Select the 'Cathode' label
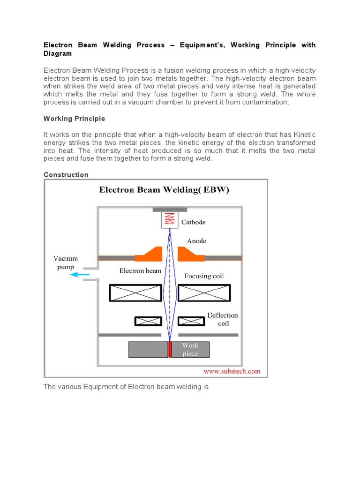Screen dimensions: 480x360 [194, 222]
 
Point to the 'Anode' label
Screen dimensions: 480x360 [196, 241]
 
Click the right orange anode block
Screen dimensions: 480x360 [191, 255]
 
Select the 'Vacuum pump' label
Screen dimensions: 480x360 [66, 263]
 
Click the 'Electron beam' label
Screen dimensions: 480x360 [140, 271]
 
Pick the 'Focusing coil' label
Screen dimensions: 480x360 [204, 276]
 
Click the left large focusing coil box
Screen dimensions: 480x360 [135, 293]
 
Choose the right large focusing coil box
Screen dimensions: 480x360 [204, 293]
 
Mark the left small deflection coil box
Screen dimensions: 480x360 [148, 321]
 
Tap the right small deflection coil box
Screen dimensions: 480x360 [191, 321]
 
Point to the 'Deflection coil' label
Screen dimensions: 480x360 [223, 319]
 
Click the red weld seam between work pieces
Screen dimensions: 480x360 [169, 350]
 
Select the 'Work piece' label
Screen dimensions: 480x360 [190, 350]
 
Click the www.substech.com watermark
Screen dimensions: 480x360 [231, 371]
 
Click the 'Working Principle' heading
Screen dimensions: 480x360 [74, 119]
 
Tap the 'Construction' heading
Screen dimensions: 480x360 [66, 175]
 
